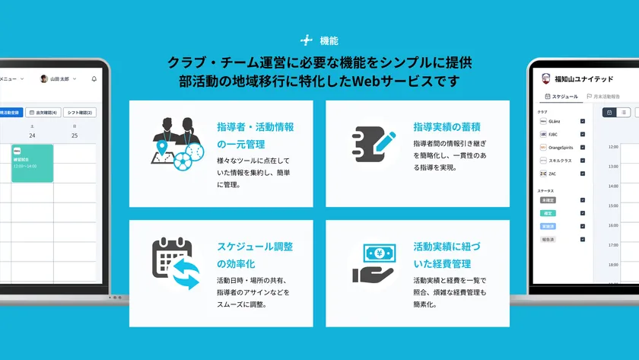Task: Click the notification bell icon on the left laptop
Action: (x=94, y=78)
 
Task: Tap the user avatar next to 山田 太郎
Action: (x=43, y=78)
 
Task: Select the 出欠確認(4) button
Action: (x=43, y=113)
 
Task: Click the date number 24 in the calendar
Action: (x=32, y=135)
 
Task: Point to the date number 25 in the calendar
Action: (x=75, y=135)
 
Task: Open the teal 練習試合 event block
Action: (x=32, y=163)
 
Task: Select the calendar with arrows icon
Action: (x=175, y=263)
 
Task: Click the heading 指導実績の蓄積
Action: (x=447, y=126)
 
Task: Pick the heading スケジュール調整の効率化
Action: (x=255, y=255)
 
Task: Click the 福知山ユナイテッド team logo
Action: (x=545, y=78)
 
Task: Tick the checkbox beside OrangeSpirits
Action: (x=583, y=147)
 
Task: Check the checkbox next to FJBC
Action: (x=583, y=134)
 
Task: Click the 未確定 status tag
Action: (x=547, y=200)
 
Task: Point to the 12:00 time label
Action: (x=613, y=147)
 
